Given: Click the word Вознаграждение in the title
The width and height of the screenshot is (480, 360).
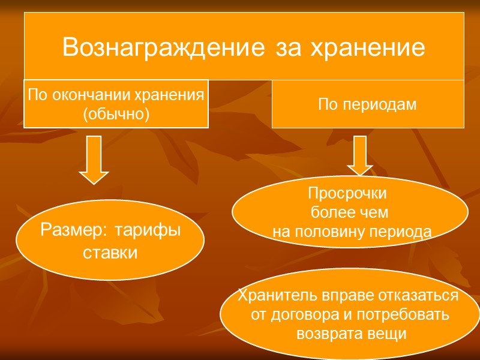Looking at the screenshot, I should (158, 47).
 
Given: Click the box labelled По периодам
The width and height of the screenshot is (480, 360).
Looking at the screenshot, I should (367, 104).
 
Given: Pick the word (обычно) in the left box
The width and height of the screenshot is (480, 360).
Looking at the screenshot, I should (116, 113).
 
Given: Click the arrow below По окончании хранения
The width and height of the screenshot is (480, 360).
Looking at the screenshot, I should (94, 159).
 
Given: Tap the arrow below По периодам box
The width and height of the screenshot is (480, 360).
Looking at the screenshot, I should (359, 155).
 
